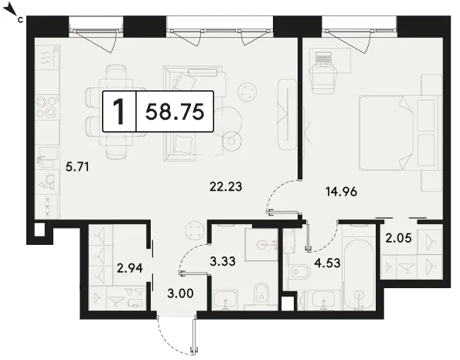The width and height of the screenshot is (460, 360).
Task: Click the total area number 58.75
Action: pyautogui.click(x=175, y=112)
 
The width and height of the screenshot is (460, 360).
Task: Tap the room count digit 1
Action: pyautogui.click(x=119, y=112)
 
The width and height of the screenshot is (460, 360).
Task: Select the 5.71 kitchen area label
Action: pyautogui.click(x=77, y=168)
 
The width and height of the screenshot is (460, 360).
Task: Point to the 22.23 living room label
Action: pyautogui.click(x=226, y=186)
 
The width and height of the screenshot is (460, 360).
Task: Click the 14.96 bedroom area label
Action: pyautogui.click(x=342, y=192)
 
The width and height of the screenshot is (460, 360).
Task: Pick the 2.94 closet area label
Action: pyautogui.click(x=130, y=268)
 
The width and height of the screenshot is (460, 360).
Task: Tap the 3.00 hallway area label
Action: pyautogui.click(x=180, y=293)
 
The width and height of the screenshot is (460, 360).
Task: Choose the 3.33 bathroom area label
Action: pyautogui.click(x=223, y=261)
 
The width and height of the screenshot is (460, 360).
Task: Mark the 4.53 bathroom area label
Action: pyautogui.click(x=327, y=263)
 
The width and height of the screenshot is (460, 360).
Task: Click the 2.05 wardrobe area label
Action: pyautogui.click(x=398, y=238)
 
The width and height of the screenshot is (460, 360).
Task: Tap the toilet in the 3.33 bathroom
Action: pyautogui.click(x=261, y=294)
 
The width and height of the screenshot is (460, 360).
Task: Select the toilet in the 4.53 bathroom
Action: pyautogui.click(x=299, y=273)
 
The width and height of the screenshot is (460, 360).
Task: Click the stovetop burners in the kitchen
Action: pyautogui.click(x=47, y=107)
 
